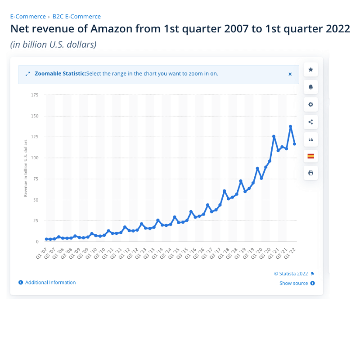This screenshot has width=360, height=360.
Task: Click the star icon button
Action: coord(310,70)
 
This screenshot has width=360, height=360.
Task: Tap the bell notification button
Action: coord(310,87)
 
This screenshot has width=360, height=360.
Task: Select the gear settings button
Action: coord(310,104)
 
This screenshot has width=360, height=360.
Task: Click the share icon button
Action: coord(310,121)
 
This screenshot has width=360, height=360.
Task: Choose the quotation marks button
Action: coord(310,139)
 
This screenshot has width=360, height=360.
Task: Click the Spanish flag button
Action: coord(310,156)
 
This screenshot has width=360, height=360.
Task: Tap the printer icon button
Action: coord(310,173)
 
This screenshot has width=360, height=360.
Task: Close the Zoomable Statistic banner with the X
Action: coord(290,74)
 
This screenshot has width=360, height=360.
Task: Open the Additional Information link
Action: coord(50,283)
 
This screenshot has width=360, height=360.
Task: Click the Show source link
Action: coord(293,283)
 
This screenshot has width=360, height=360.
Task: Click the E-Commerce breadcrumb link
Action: coord(28,17)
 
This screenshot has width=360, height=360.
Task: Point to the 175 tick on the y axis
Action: coord(35,95)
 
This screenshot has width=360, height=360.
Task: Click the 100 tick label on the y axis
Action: coord(35,158)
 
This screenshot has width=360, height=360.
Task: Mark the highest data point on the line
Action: coord(290,127)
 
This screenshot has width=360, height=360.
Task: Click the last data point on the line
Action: coord(294,144)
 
